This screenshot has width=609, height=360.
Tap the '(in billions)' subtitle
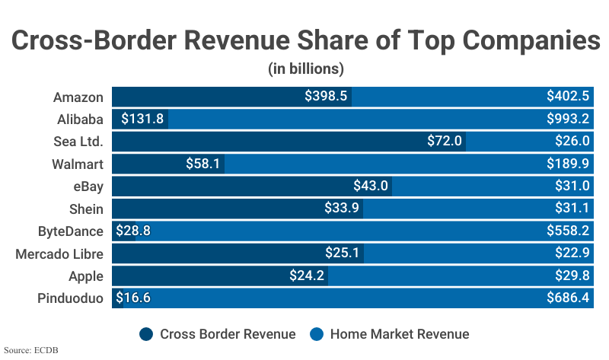click(306, 68)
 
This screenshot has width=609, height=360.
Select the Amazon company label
click(78, 97)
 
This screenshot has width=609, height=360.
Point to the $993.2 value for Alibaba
click(568, 119)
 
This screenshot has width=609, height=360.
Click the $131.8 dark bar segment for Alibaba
click(140, 119)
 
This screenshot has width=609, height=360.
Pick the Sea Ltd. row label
click(77, 141)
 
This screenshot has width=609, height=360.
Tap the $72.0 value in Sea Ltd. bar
click(444, 141)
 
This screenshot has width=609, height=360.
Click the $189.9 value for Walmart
click(568, 164)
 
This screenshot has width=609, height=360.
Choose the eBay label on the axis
click(87, 186)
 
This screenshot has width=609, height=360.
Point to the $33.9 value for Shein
click(342, 209)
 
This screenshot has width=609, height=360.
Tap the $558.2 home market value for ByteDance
click(568, 231)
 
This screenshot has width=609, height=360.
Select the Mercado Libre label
click(59, 253)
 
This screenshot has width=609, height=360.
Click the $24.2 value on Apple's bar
click(307, 276)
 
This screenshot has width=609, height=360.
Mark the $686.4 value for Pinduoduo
click(568, 298)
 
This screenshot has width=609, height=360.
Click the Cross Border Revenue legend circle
click(146, 333)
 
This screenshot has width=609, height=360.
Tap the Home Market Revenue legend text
click(399, 333)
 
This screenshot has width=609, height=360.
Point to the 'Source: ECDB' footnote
click(31, 351)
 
